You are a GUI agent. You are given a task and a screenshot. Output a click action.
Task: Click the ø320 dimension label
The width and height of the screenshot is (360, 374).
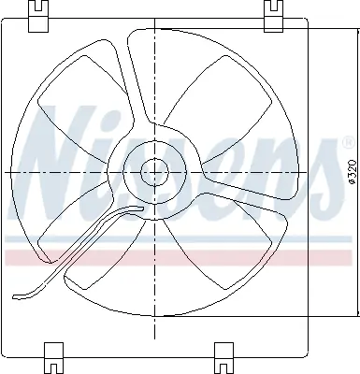point(347,172)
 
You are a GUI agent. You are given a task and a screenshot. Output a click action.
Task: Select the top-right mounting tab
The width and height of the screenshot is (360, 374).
point(275,13)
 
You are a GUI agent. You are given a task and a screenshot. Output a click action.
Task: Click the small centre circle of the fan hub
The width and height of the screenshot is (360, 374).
point(153,170)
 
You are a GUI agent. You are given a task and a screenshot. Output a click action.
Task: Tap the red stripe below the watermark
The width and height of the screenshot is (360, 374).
point(178,255)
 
